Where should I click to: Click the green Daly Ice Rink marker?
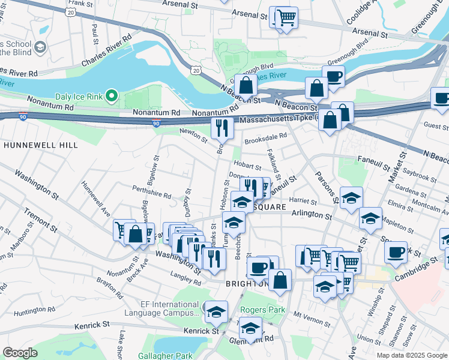click(x=110, y=95)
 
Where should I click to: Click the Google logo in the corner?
click(x=20, y=353)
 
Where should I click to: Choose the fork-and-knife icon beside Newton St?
click(x=221, y=127)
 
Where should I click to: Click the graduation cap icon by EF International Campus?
click(x=216, y=311)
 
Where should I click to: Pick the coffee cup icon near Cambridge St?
click(x=396, y=252)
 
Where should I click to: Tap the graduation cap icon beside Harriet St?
click(x=351, y=199)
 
